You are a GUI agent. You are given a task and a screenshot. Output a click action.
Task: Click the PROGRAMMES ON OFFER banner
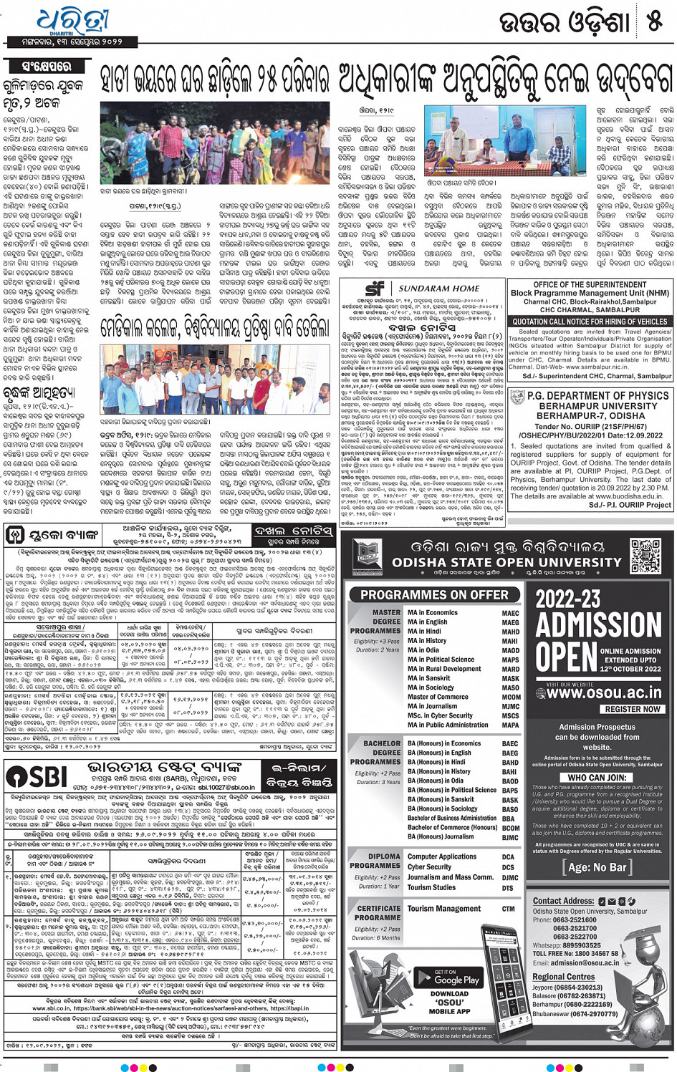pos(434,594)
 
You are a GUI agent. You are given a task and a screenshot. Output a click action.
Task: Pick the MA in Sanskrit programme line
pos(429,678)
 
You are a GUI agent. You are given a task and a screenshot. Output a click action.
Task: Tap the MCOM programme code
pos(511,697)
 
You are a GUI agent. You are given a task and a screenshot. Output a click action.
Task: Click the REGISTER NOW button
pos(633,709)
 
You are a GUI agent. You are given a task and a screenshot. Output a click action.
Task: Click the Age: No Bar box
pos(597,867)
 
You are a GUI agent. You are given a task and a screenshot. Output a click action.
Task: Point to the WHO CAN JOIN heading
pos(597,778)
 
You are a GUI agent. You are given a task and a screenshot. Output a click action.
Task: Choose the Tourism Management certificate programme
pos(444,909)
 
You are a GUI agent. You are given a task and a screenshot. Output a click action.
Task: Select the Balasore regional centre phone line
pos(569,996)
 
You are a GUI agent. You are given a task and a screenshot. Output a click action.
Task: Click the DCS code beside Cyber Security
pos(508,867)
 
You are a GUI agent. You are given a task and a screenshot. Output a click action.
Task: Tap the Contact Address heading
pos(564,901)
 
